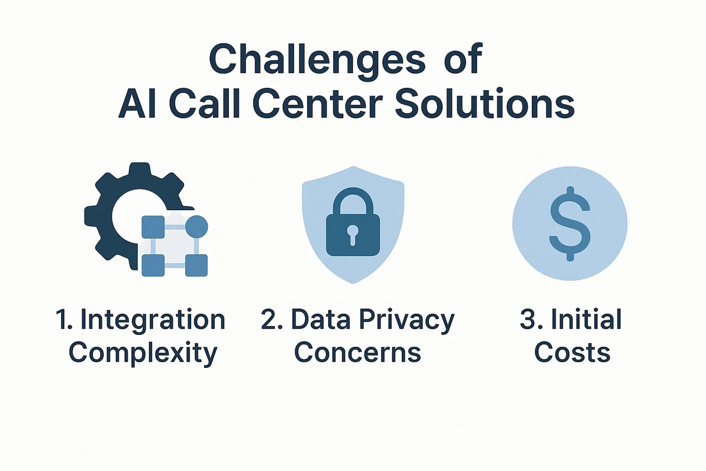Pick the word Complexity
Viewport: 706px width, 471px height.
point(143,354)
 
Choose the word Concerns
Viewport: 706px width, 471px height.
point(358,353)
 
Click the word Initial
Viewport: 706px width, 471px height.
point(587,319)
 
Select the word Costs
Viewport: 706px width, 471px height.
point(572,353)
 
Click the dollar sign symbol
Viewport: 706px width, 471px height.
point(570,224)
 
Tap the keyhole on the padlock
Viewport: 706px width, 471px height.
point(352,235)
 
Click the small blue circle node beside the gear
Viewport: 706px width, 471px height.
point(197,227)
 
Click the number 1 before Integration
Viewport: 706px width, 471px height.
point(62,319)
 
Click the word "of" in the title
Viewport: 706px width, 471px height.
point(464,59)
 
